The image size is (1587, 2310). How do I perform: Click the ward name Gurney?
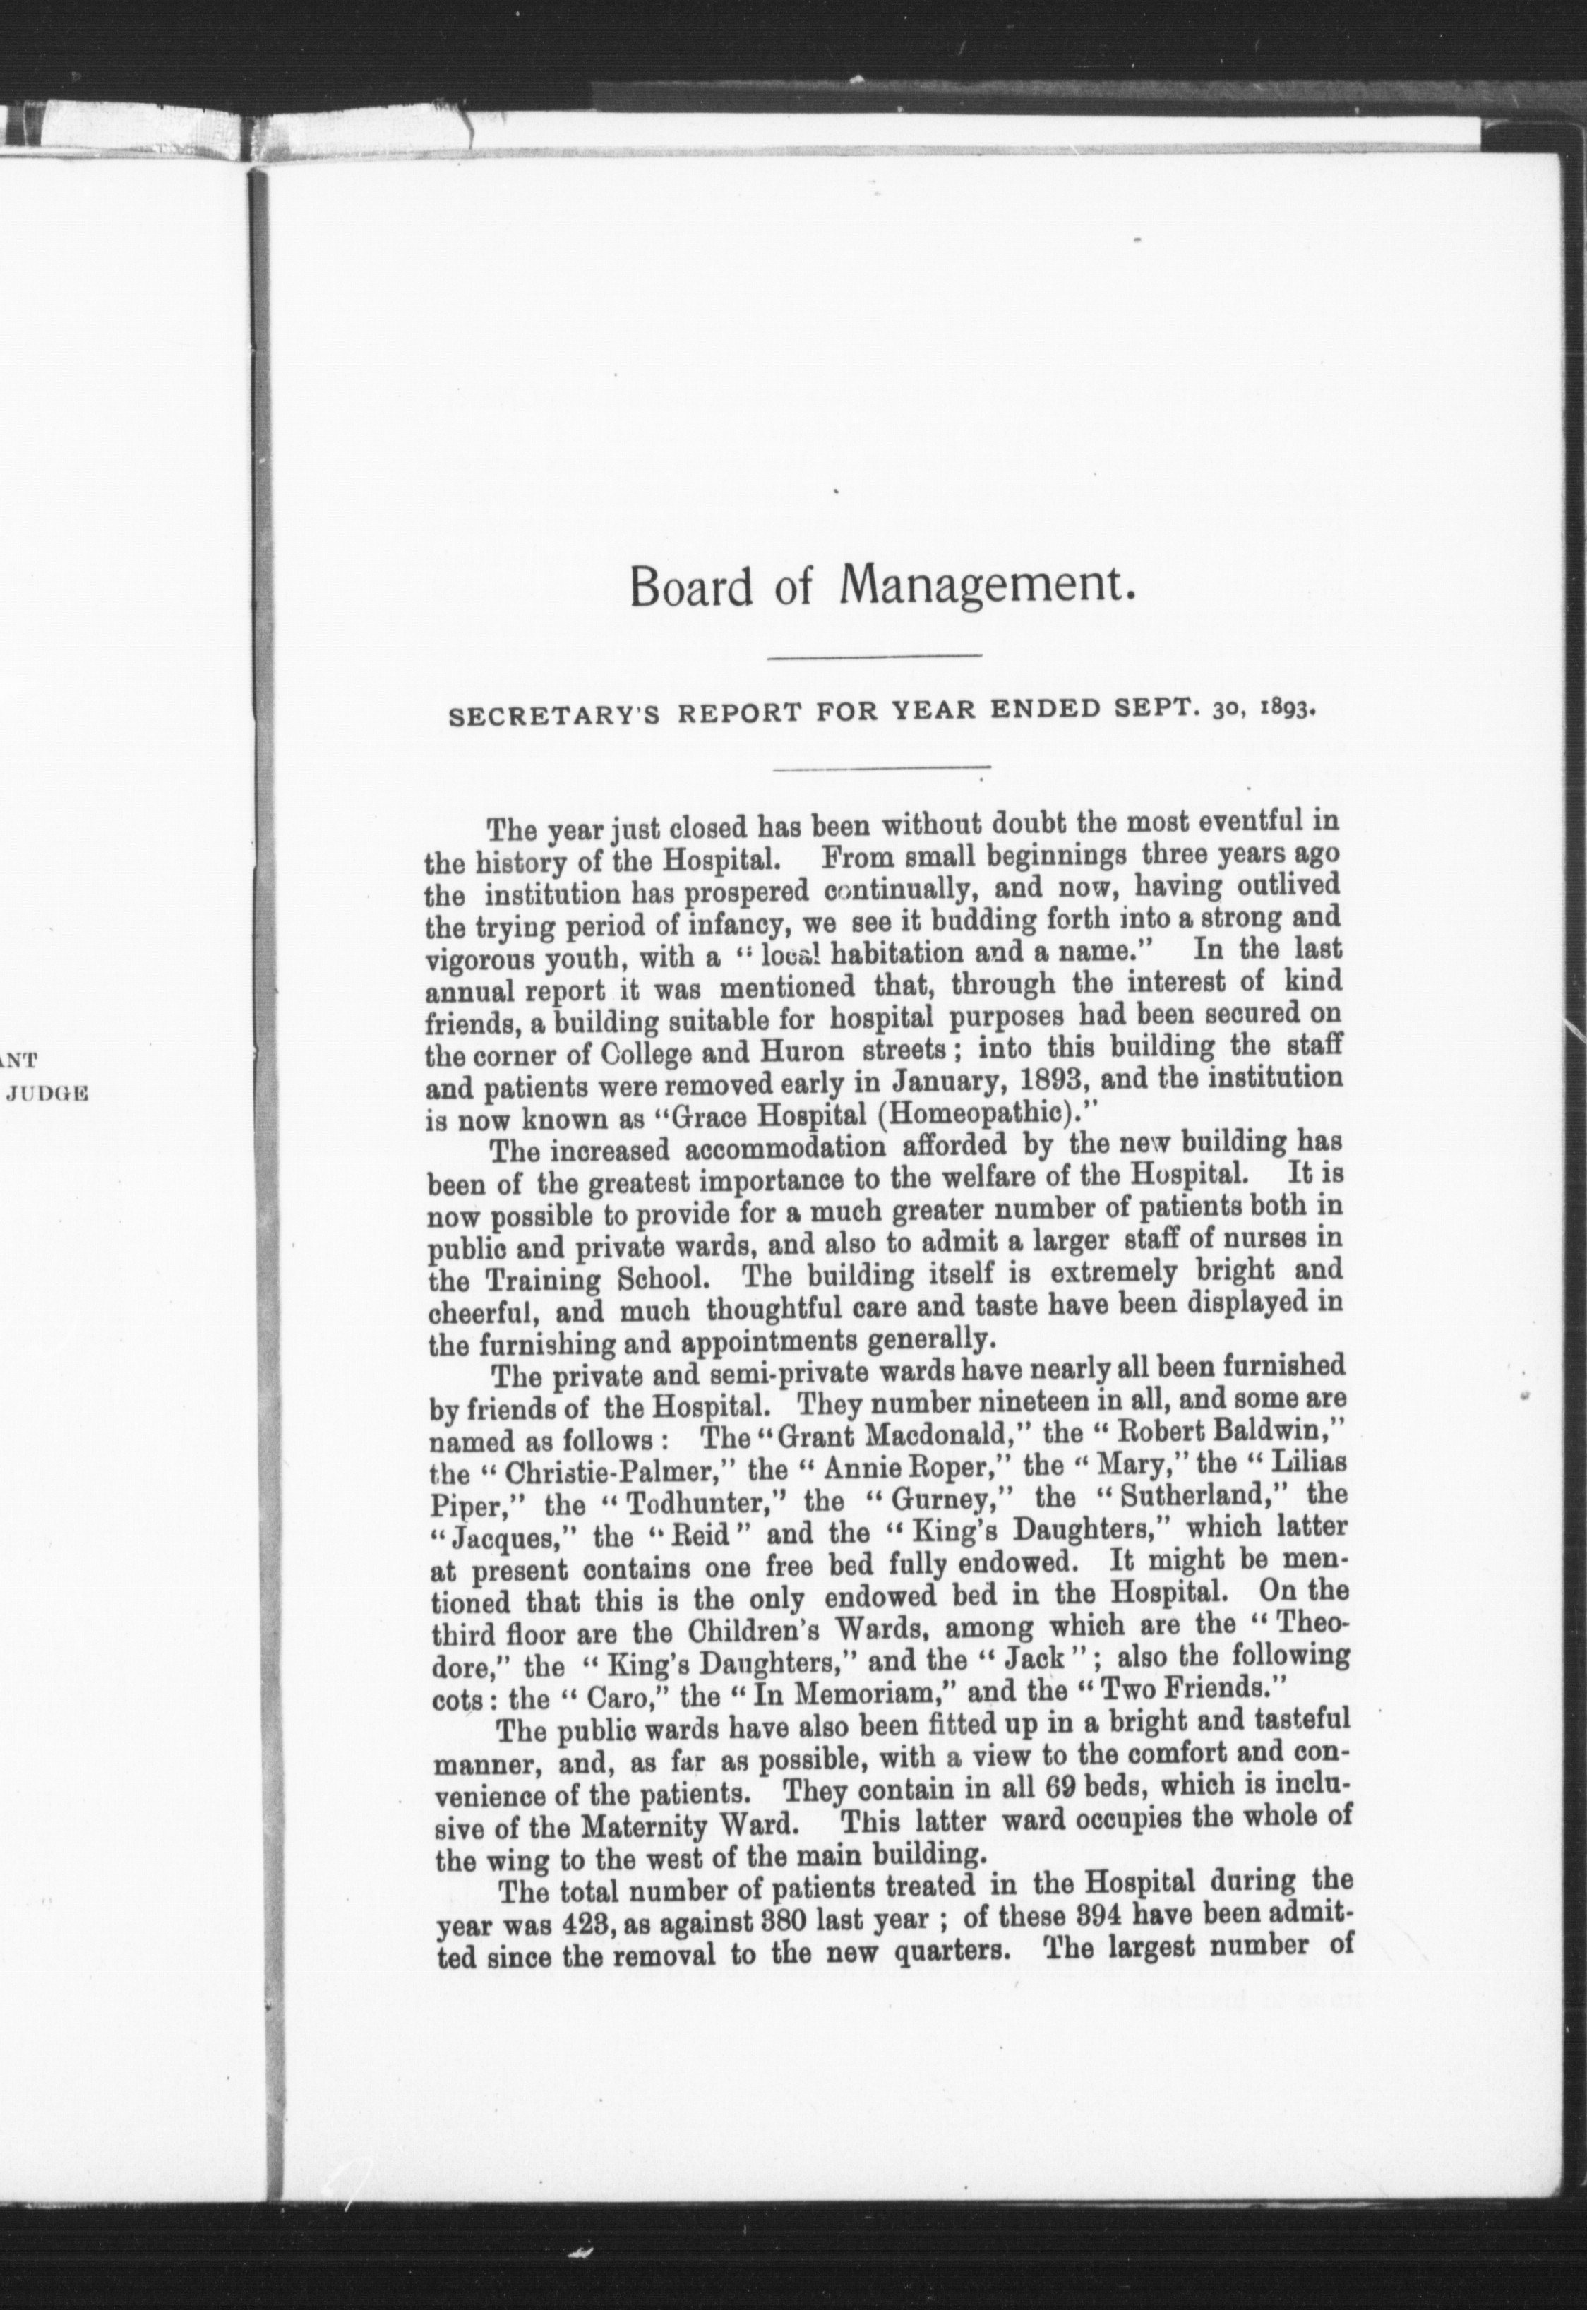tap(921, 1497)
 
